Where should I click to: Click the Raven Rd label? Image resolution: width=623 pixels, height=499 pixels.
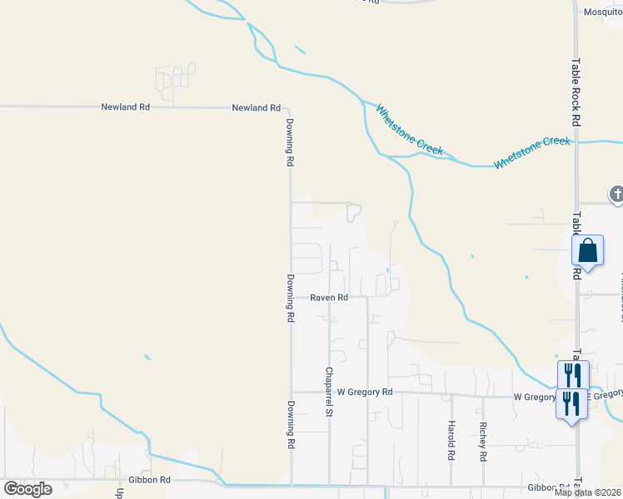point(329,297)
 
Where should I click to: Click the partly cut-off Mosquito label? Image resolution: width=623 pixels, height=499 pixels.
point(602,12)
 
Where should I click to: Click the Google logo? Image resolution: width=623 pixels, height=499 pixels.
point(27,488)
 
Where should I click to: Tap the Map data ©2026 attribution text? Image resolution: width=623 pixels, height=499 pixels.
point(588,492)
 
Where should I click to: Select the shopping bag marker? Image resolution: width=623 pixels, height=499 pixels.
point(587,250)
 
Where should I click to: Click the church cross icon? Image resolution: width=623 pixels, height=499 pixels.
point(616,195)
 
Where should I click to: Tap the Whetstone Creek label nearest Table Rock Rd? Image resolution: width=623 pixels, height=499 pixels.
point(532,152)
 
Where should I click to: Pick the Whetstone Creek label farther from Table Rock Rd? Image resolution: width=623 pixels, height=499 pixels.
point(409,129)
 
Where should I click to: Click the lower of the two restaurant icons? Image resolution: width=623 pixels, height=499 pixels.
point(571,405)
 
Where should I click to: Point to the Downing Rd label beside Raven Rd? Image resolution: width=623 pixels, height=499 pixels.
point(291,298)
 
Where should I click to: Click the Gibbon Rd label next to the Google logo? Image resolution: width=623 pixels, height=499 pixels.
point(150,480)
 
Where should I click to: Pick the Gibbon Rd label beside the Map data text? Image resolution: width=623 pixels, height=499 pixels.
point(548,487)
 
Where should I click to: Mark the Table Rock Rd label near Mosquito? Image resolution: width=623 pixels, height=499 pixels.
point(576,80)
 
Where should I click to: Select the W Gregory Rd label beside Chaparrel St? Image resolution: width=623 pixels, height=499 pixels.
point(364,391)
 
